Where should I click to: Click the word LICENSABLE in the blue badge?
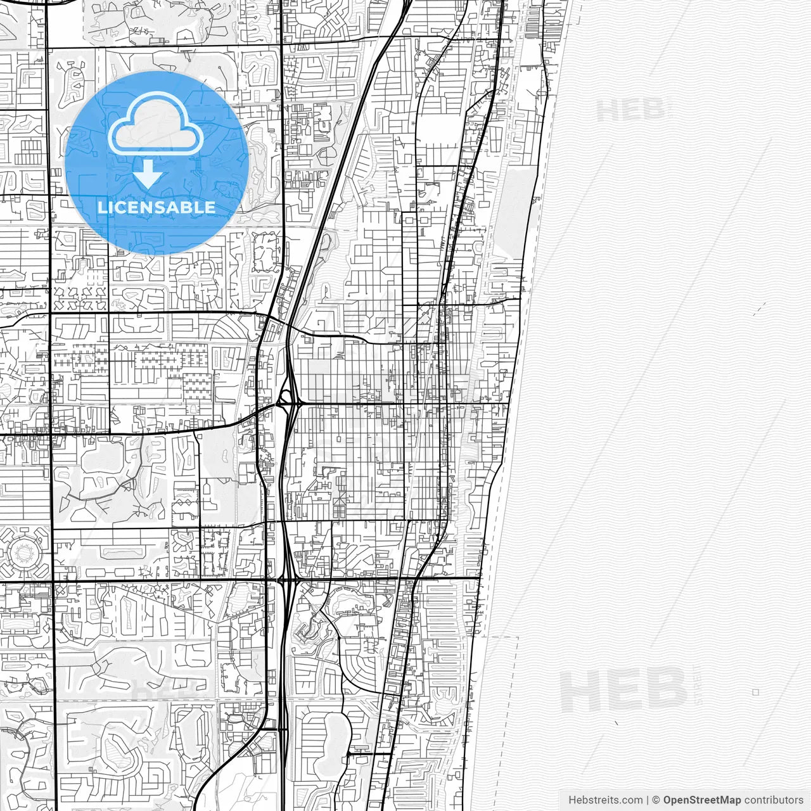pyautogui.click(x=156, y=207)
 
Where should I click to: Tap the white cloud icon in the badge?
pyautogui.click(x=155, y=124)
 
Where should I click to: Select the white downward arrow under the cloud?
pyautogui.click(x=148, y=173)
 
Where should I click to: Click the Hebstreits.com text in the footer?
pyautogui.click(x=605, y=800)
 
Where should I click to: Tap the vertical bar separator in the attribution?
pyautogui.click(x=647, y=800)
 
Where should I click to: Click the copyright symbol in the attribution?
pyautogui.click(x=656, y=800)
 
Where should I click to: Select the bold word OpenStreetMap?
pyautogui.click(x=701, y=800)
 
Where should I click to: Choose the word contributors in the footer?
pyautogui.click(x=774, y=800)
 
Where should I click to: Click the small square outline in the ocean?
pyautogui.click(x=755, y=692)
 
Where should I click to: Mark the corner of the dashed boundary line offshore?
pyautogui.click(x=518, y=637)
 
